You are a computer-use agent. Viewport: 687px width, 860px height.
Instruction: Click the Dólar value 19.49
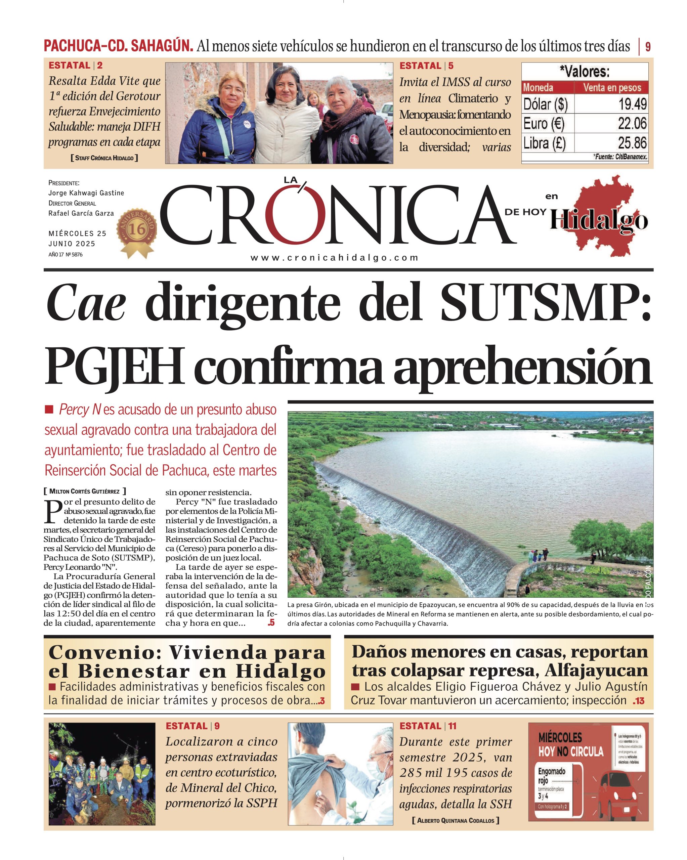632,104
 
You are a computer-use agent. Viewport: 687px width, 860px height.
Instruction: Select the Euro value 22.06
632,124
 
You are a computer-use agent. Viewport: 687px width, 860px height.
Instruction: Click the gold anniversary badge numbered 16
136,230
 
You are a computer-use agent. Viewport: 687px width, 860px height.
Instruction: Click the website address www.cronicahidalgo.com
334,258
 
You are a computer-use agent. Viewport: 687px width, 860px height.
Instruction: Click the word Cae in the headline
86,306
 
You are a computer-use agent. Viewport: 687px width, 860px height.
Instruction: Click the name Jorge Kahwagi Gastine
86,193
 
